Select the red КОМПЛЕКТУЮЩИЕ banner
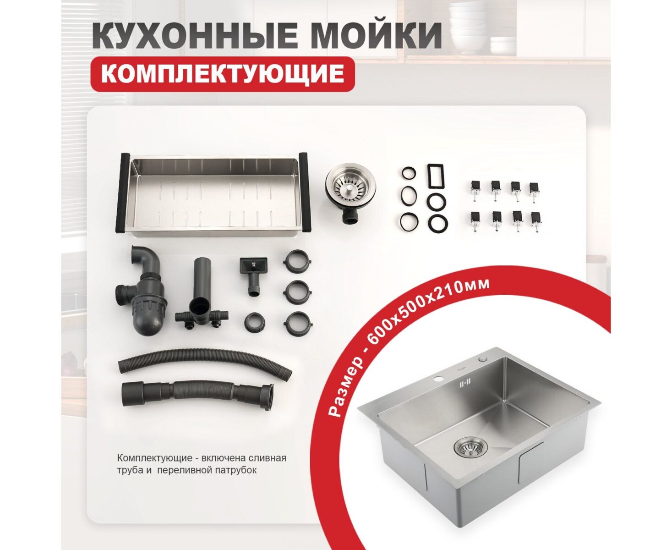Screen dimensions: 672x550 tap(223, 74)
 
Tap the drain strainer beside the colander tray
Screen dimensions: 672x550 tap(350, 193)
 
